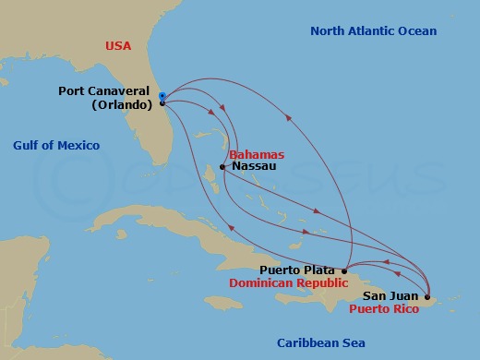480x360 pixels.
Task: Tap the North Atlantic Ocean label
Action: click(x=373, y=31)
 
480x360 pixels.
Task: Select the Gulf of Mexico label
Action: click(x=56, y=146)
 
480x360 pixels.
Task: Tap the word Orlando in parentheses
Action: click(x=122, y=104)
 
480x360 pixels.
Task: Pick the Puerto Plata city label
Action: click(x=297, y=270)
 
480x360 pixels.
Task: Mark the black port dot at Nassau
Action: click(x=222, y=168)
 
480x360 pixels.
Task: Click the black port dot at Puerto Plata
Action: click(x=344, y=270)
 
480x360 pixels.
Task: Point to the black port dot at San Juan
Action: click(x=426, y=297)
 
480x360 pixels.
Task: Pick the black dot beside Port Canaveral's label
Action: click(x=162, y=103)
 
